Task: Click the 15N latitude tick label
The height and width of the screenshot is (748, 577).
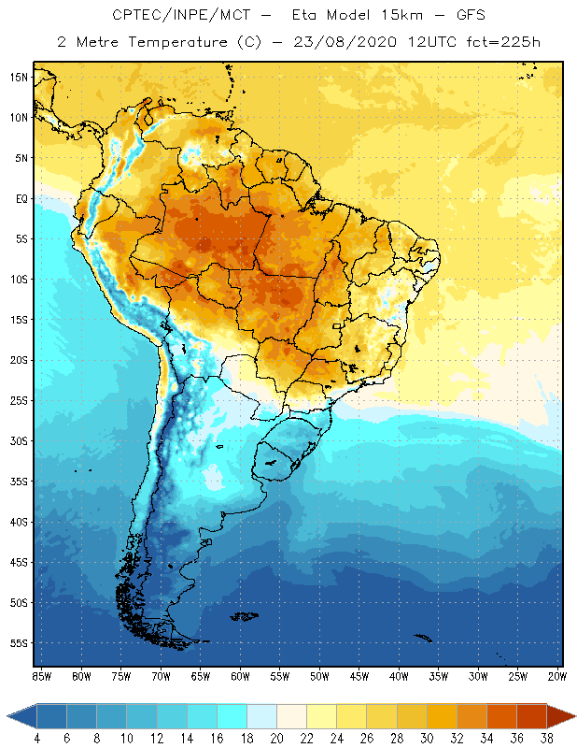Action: pos(19,77)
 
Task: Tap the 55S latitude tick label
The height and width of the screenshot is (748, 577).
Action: pos(19,643)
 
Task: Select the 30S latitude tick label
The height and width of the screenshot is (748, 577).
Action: pos(19,440)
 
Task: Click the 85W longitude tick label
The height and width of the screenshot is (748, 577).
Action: pos(41,676)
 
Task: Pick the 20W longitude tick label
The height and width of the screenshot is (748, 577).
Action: pos(556,676)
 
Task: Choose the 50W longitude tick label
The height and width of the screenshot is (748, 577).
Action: pos(319,676)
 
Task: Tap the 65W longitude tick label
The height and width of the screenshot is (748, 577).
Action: pos(200,676)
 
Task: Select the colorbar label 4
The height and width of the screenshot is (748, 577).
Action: pos(37,738)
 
